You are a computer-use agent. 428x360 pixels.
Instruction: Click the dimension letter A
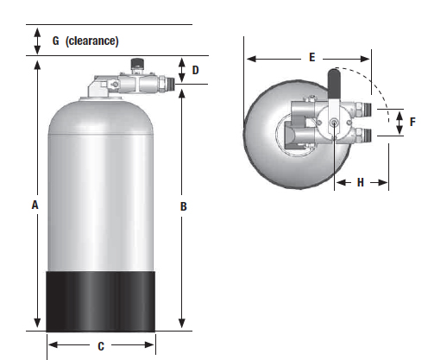(x=35, y=205)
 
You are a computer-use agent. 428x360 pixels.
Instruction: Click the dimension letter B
(x=184, y=206)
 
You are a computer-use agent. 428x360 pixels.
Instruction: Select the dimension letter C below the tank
(x=101, y=347)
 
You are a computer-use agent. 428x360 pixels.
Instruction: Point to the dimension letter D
(x=196, y=70)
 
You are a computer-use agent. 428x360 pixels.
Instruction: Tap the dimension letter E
(x=311, y=57)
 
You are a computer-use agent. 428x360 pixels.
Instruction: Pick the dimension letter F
(x=412, y=123)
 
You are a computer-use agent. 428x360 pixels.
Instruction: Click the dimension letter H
(x=360, y=183)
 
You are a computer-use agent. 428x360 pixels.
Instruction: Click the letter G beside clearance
(x=56, y=41)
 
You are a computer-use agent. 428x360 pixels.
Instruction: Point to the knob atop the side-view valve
(x=135, y=64)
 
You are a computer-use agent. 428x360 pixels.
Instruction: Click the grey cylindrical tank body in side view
(x=101, y=190)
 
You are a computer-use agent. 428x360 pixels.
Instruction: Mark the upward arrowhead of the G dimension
(x=37, y=30)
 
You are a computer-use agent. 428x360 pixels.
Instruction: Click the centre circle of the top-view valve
(x=334, y=123)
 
